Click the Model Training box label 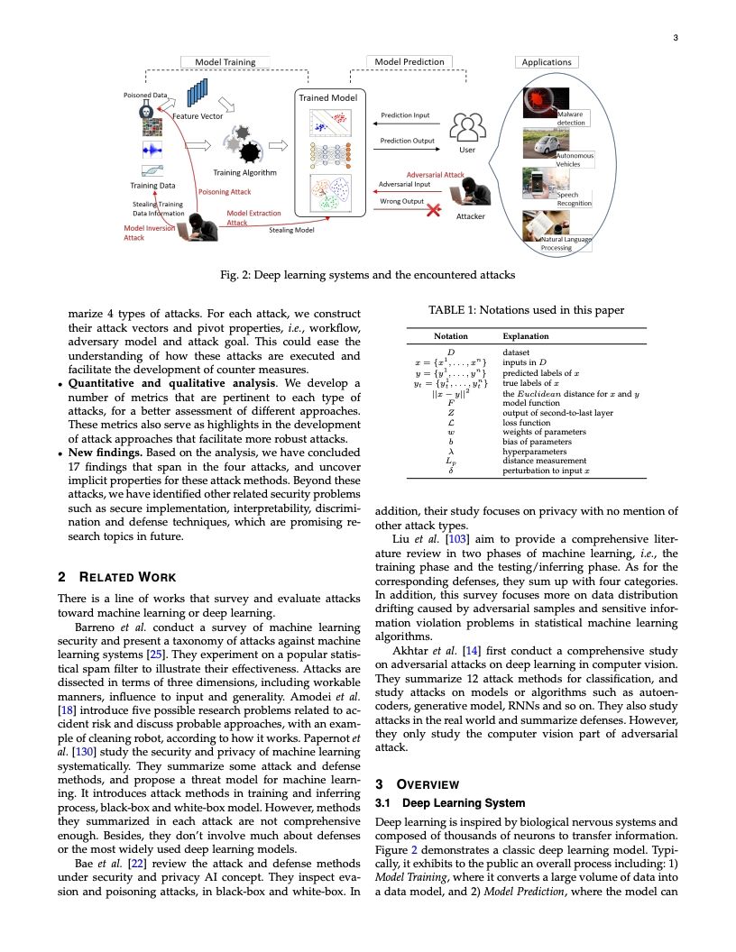pos(225,62)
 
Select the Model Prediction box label pos(409,62)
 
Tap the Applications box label pos(547,62)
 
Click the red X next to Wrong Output pos(434,210)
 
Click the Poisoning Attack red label pos(225,192)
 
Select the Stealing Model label pos(291,231)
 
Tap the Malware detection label pos(571,118)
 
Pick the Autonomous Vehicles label pos(575,160)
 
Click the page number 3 pos(675,37)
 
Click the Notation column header pos(451,335)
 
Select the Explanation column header pos(526,335)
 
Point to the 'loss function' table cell pos(528,422)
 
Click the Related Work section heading pos(116,578)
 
